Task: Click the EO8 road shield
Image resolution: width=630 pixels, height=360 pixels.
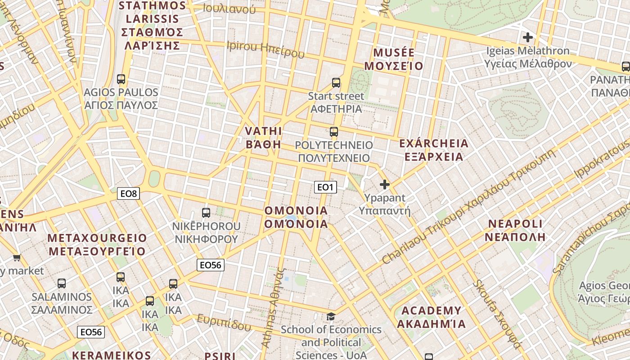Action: click(128, 194)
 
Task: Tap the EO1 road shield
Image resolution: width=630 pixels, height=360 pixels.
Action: click(325, 187)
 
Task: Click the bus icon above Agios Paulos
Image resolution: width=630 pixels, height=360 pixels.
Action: click(121, 79)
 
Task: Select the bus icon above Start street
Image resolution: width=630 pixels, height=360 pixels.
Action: click(336, 82)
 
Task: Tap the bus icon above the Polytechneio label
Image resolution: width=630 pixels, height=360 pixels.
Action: click(333, 131)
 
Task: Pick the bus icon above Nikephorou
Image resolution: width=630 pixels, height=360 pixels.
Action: click(206, 212)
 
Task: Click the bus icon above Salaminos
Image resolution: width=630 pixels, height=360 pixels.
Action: click(62, 283)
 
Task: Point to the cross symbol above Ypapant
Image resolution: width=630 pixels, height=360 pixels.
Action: click(385, 184)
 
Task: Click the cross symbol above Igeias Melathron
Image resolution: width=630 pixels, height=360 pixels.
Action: click(528, 37)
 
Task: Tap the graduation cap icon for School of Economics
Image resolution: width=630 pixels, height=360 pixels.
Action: click(331, 316)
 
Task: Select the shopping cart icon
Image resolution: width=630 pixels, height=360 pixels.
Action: click(17, 258)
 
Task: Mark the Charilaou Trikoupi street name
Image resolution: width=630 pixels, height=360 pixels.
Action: click(468, 207)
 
